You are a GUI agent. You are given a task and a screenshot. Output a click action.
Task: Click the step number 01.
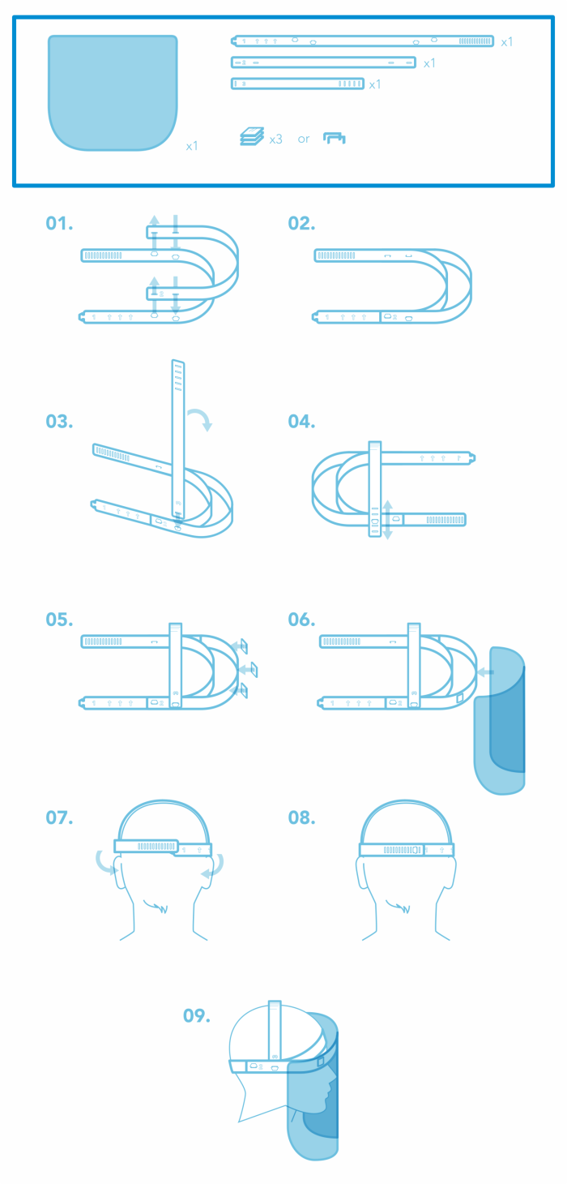[x=59, y=224]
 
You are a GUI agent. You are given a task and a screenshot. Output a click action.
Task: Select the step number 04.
[x=302, y=422]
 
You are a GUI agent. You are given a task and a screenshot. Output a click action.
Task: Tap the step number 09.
[x=197, y=1015]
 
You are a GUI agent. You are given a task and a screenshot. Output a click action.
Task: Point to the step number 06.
[x=302, y=620]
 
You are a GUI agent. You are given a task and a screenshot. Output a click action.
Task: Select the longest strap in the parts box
[x=363, y=41]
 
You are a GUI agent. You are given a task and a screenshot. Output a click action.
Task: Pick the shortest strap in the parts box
[x=297, y=84]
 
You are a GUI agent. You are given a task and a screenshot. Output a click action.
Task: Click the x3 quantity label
[x=275, y=139]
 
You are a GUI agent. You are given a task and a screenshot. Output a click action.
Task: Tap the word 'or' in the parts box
[x=304, y=139]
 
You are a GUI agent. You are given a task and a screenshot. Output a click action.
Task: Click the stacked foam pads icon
[x=252, y=137]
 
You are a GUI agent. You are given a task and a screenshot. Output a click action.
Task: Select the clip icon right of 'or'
[x=335, y=139]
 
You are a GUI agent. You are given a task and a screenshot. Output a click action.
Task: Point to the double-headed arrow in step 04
[x=388, y=519]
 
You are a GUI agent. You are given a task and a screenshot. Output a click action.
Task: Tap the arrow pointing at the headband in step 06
[x=484, y=671]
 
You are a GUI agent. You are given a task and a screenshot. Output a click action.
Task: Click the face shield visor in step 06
[x=500, y=722]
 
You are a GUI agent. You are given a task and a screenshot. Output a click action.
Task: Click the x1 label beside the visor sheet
[x=192, y=146]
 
